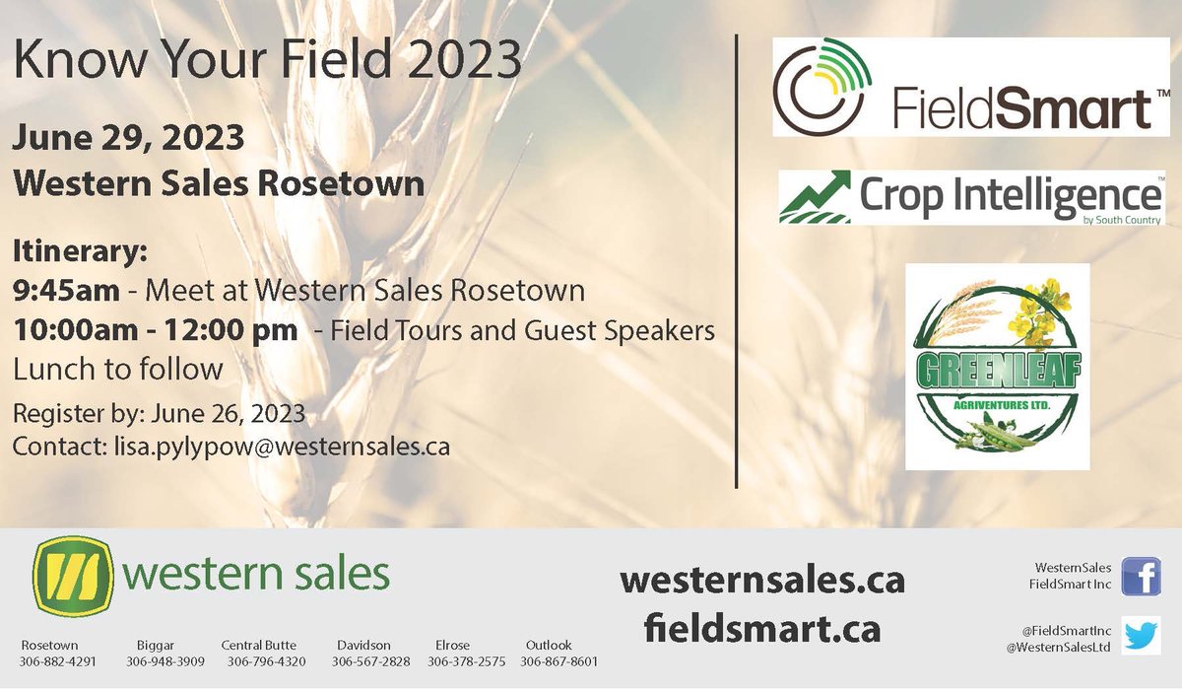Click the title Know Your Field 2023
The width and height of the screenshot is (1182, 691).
(x=267, y=61)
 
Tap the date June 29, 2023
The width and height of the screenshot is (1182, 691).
(x=128, y=137)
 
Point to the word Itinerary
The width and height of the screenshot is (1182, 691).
(x=79, y=252)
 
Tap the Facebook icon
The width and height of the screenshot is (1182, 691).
(x=1141, y=576)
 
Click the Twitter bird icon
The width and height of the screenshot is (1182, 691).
(x=1141, y=636)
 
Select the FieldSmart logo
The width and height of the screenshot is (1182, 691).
(x=971, y=87)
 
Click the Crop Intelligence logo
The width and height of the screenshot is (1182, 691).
(x=971, y=196)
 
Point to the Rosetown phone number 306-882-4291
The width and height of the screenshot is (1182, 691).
(x=58, y=661)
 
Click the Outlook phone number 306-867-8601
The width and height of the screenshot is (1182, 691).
(x=558, y=661)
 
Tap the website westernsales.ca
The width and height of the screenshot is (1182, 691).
(x=761, y=581)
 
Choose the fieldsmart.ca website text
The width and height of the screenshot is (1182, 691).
(x=761, y=628)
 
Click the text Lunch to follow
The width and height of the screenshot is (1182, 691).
(x=118, y=369)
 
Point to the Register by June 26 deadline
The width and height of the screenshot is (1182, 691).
(x=159, y=410)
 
